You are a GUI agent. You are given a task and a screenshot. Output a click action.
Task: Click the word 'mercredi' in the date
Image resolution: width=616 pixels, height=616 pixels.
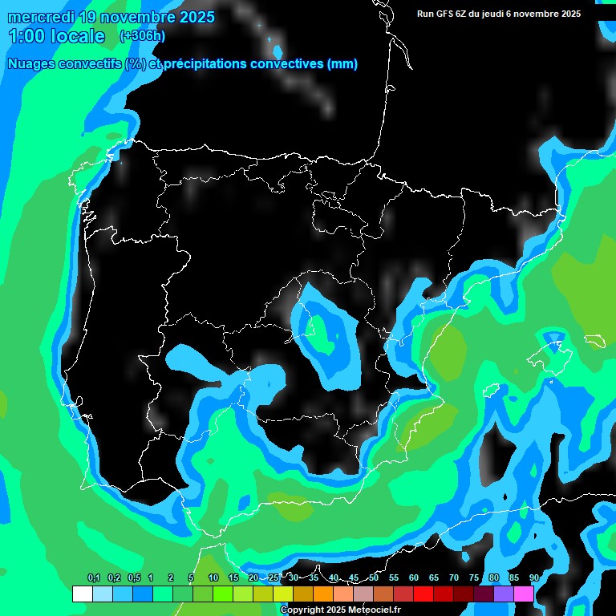coord(40,17)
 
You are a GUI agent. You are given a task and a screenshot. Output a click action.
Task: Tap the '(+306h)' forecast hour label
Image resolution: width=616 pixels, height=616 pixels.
coord(142,36)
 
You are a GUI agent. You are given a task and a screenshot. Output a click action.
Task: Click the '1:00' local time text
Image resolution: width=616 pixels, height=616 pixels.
coord(25,36)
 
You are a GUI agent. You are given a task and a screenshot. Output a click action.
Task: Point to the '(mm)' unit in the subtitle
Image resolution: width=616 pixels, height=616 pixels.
coord(342,64)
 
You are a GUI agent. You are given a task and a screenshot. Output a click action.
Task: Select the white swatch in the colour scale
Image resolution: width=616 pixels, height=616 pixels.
coord(82,594)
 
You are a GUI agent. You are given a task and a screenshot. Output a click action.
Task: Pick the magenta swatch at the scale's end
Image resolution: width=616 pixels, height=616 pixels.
coord(524,594)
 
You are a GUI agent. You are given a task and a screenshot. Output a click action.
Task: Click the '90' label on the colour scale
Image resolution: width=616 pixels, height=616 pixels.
coord(534,577)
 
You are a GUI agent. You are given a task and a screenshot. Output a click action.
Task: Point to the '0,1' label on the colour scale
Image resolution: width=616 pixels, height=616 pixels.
coord(93,577)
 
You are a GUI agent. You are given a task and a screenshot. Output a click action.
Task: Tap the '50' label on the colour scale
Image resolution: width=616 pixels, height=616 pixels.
coord(374,577)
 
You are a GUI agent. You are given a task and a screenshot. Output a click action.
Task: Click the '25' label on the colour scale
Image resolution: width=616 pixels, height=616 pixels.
coord(274,577)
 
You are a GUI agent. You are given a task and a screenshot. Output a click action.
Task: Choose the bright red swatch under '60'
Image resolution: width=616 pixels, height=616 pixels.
coord(423,594)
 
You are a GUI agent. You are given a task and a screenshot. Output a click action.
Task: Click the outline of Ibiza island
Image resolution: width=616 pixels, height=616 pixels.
coord(490,390)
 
